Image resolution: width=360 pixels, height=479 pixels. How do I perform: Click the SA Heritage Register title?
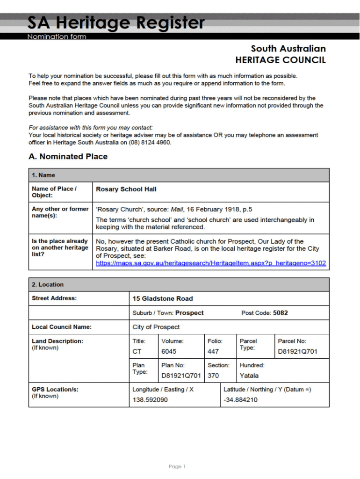pos(116,22)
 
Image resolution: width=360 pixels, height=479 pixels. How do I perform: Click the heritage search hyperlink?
pos(211,263)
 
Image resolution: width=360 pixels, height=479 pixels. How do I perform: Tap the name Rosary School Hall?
pos(126,189)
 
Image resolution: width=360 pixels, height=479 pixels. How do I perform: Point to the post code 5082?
pos(281,313)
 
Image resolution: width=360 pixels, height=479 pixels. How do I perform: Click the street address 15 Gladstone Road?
pos(163,298)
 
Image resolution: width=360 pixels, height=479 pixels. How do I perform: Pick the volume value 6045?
pos(169,351)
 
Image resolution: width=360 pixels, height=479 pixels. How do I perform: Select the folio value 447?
pos(213,351)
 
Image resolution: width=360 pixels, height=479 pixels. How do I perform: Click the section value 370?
pos(213,376)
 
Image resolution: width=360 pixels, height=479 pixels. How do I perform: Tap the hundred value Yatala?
pos(249,376)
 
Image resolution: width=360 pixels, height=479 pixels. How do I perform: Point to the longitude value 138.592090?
pos(150,400)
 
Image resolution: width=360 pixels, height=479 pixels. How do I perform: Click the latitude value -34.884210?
pos(240,400)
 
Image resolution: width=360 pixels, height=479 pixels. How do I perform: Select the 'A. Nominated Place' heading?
pos(68,157)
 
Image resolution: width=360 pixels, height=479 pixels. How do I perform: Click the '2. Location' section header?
pos(48,284)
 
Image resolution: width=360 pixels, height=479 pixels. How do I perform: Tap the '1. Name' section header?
pos(43,175)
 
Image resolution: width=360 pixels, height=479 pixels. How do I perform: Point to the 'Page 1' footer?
pos(177,466)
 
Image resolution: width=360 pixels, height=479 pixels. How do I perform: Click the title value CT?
pos(137,351)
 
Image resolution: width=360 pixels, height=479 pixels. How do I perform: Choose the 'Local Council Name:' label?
pos(62,327)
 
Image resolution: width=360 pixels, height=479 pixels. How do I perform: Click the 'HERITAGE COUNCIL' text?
pos(281,60)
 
